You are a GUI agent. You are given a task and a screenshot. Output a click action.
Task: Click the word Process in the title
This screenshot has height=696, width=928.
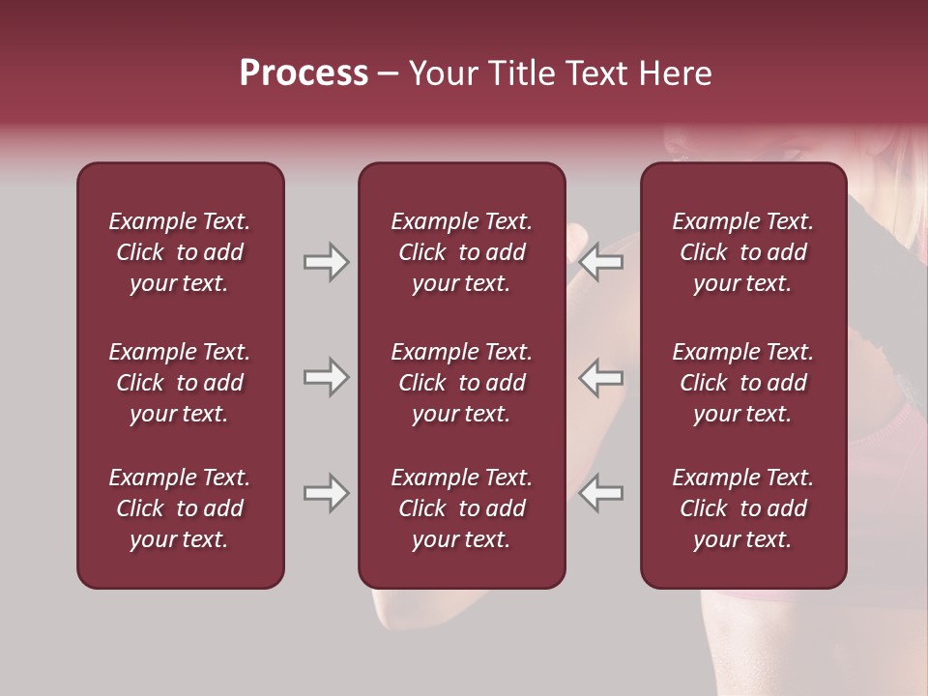(304, 73)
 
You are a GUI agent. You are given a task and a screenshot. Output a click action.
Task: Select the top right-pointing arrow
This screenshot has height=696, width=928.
(326, 262)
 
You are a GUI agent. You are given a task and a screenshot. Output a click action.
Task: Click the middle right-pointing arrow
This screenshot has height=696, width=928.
(326, 377)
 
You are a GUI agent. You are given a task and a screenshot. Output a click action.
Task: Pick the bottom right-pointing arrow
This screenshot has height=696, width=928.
(326, 493)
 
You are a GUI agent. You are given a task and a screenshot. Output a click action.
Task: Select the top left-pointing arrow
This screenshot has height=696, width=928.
(600, 262)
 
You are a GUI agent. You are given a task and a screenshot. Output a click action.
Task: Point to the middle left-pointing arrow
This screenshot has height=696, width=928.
(600, 377)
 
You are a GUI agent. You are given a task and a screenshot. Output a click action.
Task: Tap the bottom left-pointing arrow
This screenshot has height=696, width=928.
(600, 493)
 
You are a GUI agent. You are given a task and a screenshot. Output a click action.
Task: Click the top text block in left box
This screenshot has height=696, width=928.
(180, 252)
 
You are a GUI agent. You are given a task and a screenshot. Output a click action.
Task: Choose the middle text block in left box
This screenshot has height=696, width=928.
(180, 383)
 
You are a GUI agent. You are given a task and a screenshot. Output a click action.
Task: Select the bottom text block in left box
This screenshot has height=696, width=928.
(180, 508)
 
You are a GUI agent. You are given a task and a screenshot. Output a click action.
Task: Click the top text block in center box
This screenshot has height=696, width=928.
(462, 252)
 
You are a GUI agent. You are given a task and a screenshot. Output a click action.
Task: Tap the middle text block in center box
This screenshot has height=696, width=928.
(462, 383)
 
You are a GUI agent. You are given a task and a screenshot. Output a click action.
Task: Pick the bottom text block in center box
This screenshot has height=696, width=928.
(462, 508)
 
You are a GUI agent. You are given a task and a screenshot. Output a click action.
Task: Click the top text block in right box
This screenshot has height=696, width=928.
(743, 252)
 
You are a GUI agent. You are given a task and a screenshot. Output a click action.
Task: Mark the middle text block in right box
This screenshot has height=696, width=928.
(743, 383)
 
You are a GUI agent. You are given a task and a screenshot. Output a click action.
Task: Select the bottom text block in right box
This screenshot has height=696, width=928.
(743, 508)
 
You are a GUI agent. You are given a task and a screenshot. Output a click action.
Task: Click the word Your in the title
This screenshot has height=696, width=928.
(443, 73)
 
